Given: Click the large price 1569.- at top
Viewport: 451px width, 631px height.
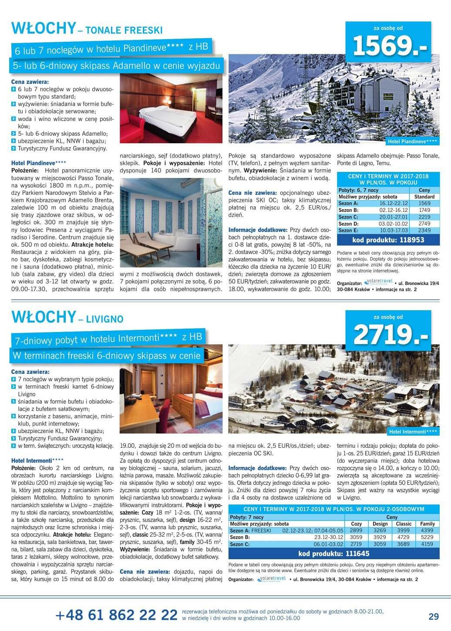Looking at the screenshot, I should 390,45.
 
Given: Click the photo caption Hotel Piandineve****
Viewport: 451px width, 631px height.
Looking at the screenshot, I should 413,142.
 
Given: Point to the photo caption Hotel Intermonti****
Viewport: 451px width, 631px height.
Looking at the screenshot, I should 413,432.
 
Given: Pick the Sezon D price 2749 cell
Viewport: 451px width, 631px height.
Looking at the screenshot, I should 424,224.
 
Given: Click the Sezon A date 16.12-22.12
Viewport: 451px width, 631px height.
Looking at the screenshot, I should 393,203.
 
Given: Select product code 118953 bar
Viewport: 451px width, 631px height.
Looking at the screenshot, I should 388,240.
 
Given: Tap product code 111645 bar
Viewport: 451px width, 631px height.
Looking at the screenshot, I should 333,554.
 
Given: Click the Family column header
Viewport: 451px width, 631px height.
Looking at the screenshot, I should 427,524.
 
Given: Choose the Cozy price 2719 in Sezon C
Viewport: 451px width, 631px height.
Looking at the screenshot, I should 356,544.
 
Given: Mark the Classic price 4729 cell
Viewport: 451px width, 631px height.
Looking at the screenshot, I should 403,537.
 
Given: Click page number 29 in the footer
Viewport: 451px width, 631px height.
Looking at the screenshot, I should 434,616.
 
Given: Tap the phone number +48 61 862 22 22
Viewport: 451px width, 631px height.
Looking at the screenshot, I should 116,615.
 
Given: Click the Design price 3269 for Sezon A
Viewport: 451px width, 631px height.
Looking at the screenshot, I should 380,530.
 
